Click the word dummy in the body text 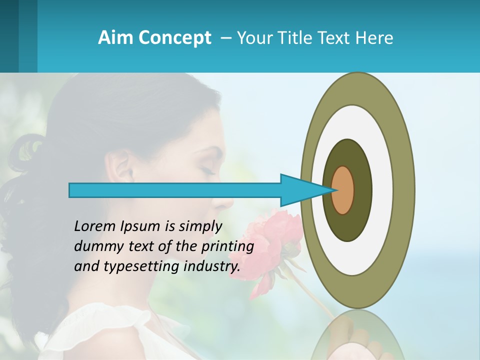tap(95, 246)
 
